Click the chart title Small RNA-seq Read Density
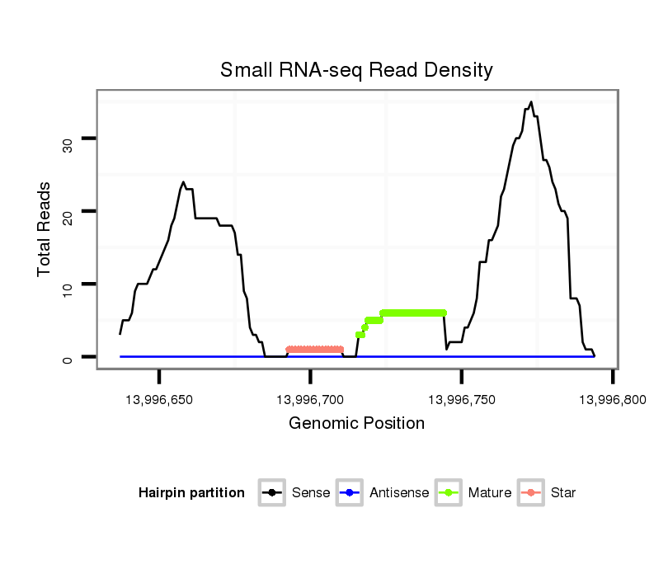click(x=356, y=70)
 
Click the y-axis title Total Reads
click(x=45, y=229)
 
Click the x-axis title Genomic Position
click(x=356, y=424)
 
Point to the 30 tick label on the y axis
click(x=68, y=145)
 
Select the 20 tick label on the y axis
click(x=68, y=218)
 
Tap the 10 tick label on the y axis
click(x=68, y=290)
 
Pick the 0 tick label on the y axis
click(x=68, y=358)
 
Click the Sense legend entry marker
click(x=271, y=493)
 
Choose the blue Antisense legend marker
click(x=350, y=493)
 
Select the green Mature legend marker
click(x=449, y=493)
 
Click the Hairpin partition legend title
click(x=191, y=493)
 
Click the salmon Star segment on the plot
click(x=314, y=350)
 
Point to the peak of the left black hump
click(x=183, y=182)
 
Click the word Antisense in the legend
click(x=398, y=493)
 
